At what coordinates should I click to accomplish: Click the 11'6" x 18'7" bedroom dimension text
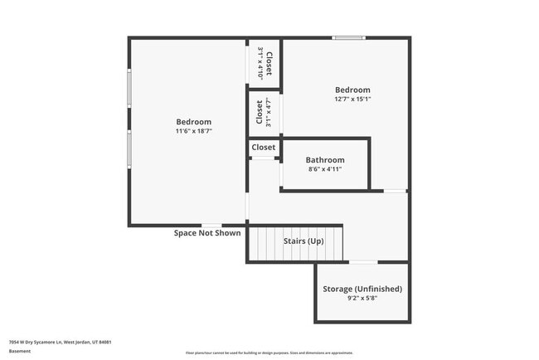tap(194, 131)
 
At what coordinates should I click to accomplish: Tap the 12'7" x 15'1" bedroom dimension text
tap(352, 100)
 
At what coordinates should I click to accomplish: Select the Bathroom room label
tap(325, 160)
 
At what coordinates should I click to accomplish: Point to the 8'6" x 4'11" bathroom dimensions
tap(325, 169)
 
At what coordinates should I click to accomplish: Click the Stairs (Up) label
tap(303, 241)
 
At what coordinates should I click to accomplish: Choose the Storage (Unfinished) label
tap(362, 289)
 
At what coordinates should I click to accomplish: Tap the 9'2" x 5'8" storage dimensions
tap(362, 298)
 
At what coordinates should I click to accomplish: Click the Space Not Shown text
tap(207, 233)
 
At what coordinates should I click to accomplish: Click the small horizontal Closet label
tap(264, 148)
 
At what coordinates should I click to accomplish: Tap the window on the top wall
tap(348, 37)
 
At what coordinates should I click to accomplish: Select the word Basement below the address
tap(20, 351)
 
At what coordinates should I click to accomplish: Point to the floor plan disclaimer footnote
tap(269, 353)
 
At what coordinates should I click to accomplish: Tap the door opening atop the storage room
tap(362, 263)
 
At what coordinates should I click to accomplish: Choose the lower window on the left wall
tap(129, 149)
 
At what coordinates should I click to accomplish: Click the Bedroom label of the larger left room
tap(194, 122)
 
